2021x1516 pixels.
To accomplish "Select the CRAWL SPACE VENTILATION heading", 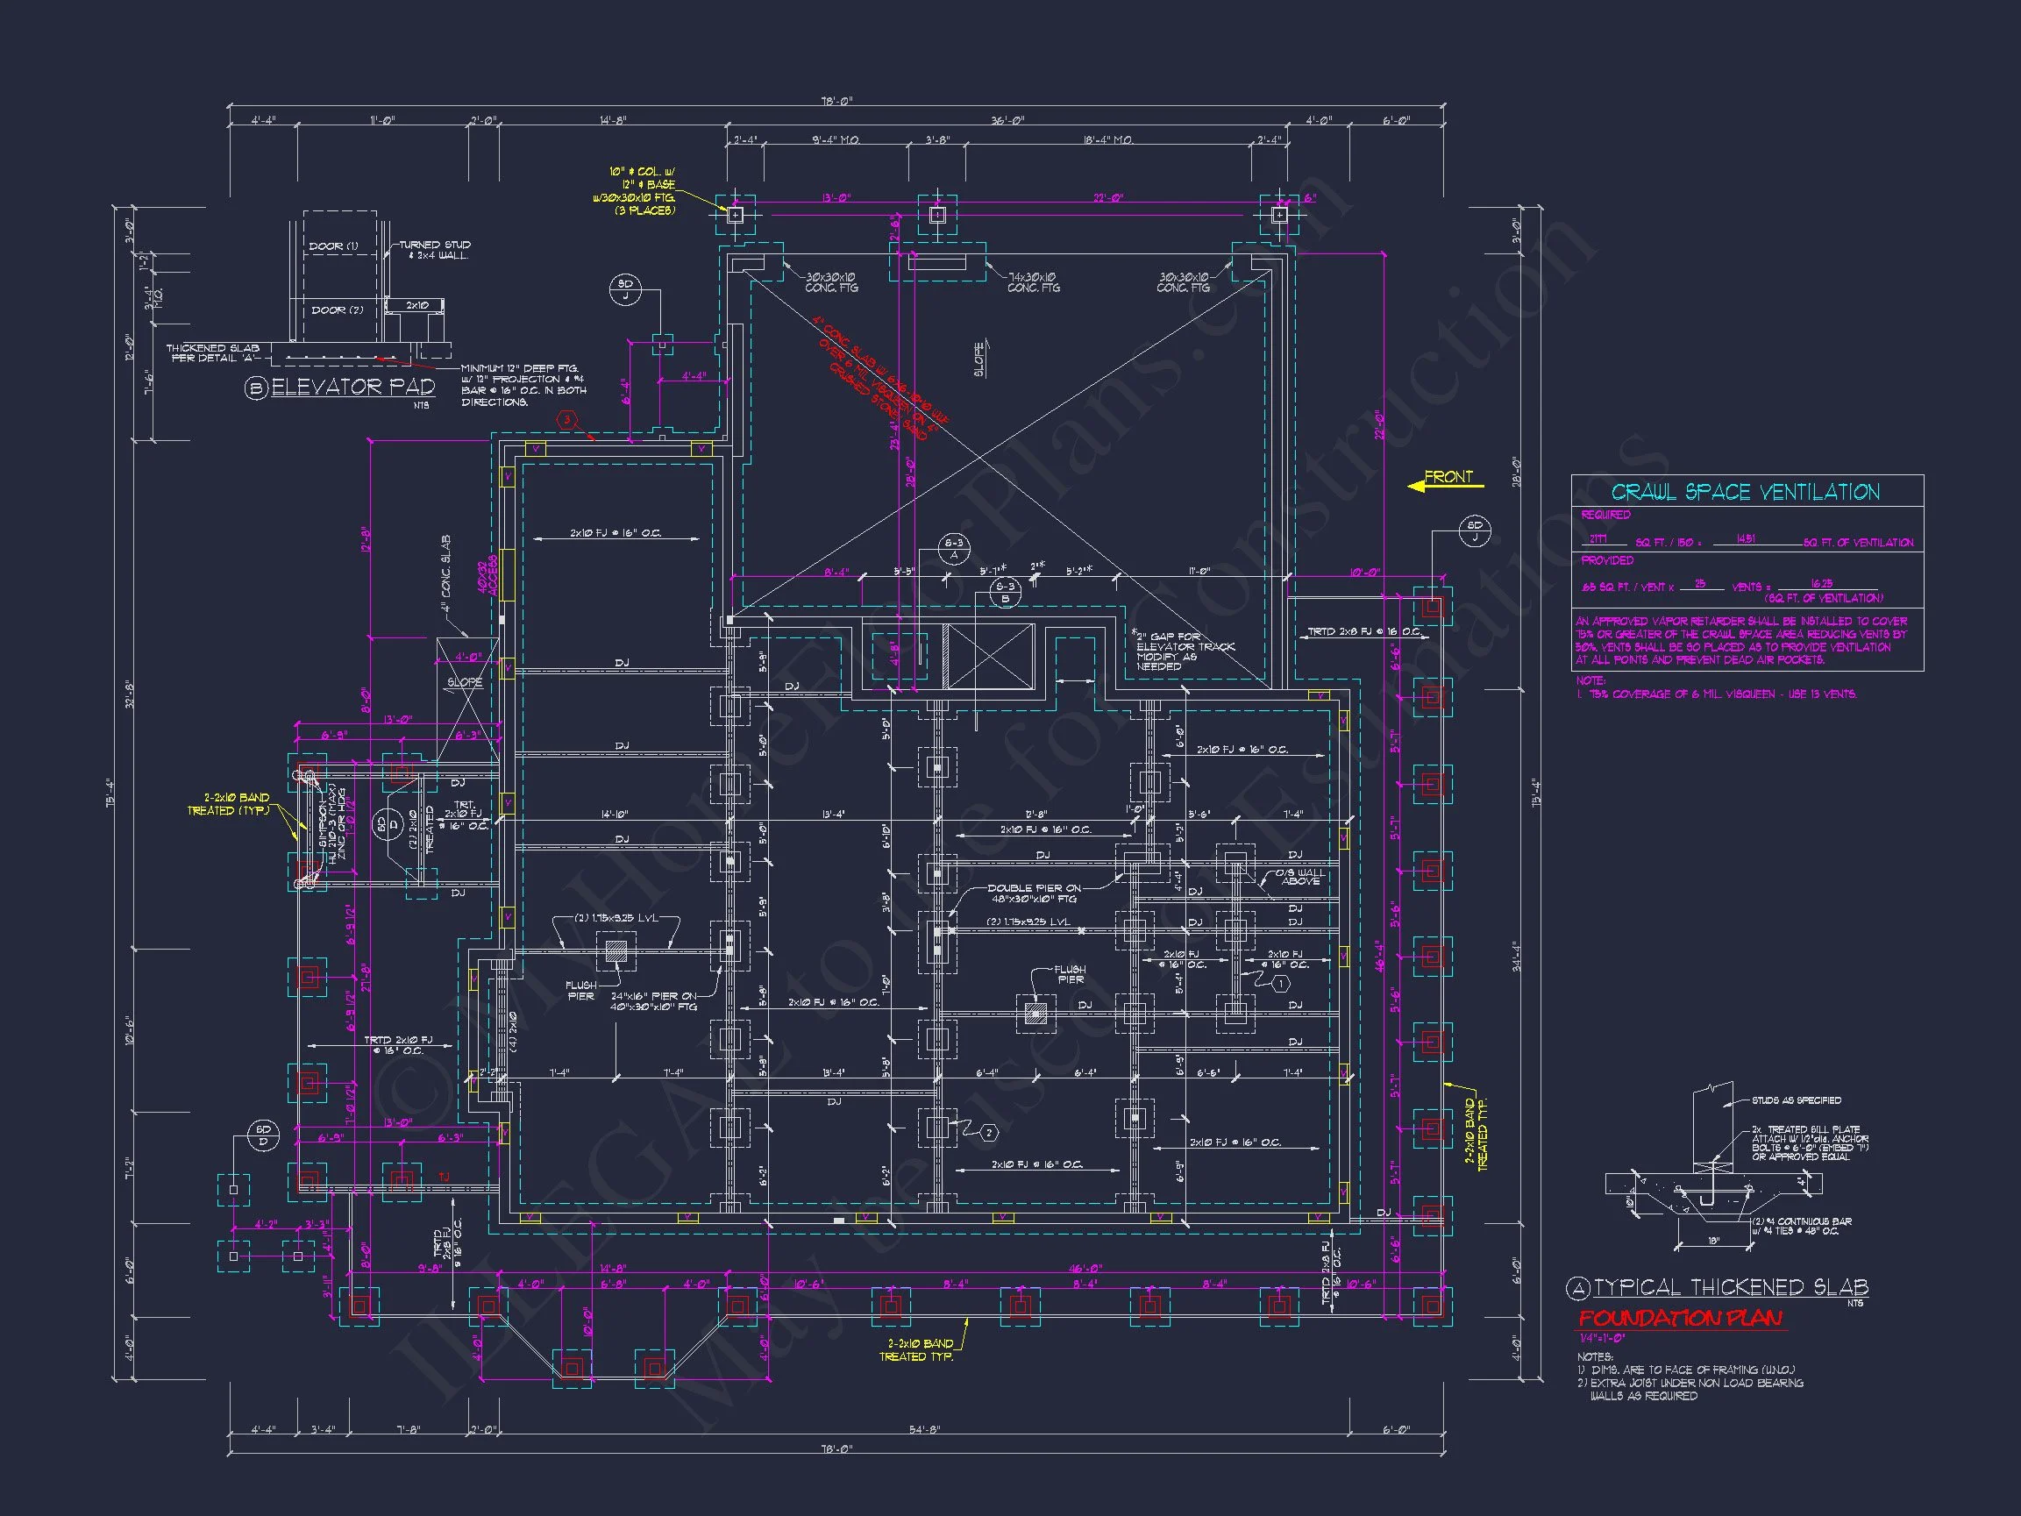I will coord(1745,493).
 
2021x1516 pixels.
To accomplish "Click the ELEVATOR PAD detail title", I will coord(352,388).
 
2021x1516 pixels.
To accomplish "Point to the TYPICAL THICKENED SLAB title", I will coord(1731,1287).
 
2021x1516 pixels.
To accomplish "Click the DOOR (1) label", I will coord(333,246).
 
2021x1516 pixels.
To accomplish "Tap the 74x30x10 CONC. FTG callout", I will coord(1034,282).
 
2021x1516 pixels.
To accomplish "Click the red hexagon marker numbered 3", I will coord(567,420).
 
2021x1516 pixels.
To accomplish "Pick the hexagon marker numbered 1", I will coord(1281,983).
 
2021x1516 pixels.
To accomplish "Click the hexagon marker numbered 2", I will coord(988,1133).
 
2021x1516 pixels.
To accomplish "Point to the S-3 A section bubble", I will coord(953,549).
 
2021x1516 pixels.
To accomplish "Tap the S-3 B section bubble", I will coord(1005,593).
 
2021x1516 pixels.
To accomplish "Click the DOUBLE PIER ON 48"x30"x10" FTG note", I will coord(1035,893).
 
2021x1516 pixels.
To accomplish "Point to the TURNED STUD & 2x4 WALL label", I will coord(434,250).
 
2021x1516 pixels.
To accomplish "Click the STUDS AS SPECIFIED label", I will coord(1797,1100).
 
